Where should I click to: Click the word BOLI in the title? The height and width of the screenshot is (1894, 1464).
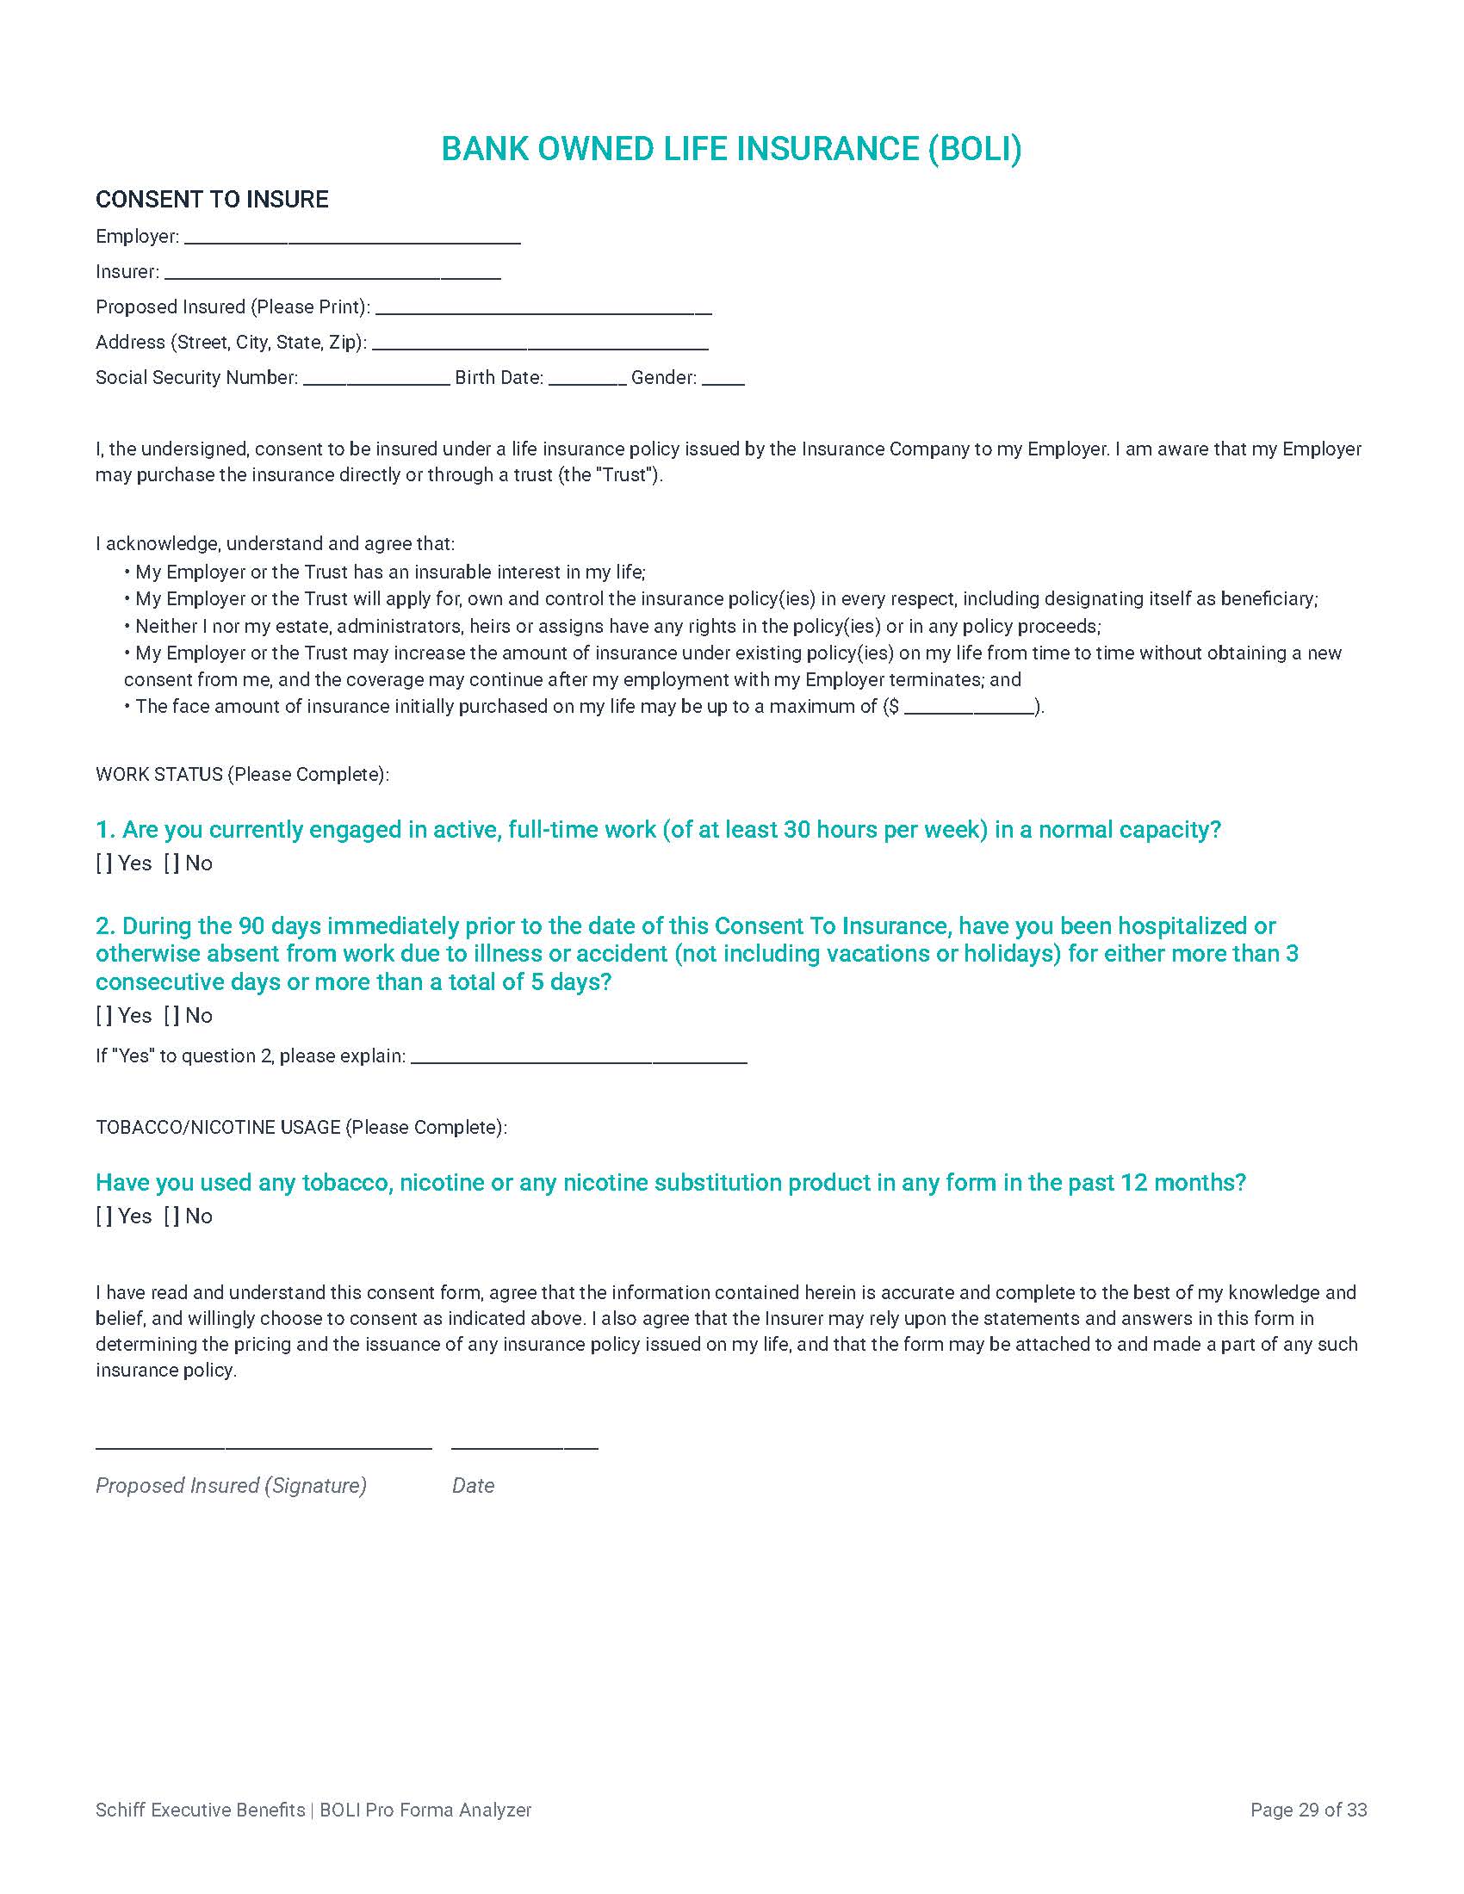pyautogui.click(x=975, y=149)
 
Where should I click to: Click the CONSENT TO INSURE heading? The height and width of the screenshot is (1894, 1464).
pyautogui.click(x=212, y=200)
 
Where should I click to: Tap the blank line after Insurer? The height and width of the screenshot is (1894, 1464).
pyautogui.click(x=332, y=275)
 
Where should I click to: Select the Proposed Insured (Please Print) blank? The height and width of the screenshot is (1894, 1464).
pyautogui.click(x=543, y=311)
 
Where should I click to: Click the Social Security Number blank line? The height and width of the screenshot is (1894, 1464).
pyautogui.click(x=376, y=381)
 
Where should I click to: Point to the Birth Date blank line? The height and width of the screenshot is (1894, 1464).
pyautogui.click(x=587, y=381)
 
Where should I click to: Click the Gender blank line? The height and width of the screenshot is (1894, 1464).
pyautogui.click(x=723, y=381)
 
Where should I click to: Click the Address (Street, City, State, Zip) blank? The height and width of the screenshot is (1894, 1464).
pyautogui.click(x=539, y=346)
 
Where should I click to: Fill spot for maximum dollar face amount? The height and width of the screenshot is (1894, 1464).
pyautogui.click(x=970, y=710)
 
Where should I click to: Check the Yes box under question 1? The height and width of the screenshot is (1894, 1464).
pyautogui.click(x=104, y=863)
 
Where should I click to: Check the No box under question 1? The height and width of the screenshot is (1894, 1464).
pyautogui.click(x=171, y=863)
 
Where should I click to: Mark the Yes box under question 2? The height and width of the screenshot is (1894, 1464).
pyautogui.click(x=104, y=1016)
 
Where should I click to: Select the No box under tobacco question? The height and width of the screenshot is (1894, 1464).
pyautogui.click(x=171, y=1216)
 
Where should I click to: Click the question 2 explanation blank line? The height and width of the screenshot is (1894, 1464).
pyautogui.click(x=579, y=1060)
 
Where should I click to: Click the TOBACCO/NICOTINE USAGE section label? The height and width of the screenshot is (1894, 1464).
pyautogui.click(x=300, y=1128)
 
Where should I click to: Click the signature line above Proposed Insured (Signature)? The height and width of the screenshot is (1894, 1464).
pyautogui.click(x=264, y=1446)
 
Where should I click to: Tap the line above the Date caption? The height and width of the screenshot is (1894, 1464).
pyautogui.click(x=524, y=1446)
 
